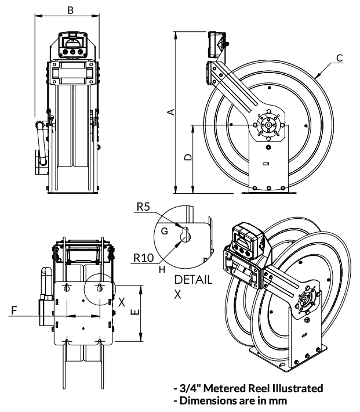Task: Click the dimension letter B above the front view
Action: click(x=70, y=10)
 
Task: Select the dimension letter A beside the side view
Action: click(x=171, y=111)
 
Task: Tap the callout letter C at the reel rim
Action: click(x=340, y=58)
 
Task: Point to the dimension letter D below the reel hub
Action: click(x=188, y=157)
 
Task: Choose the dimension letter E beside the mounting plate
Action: click(x=136, y=312)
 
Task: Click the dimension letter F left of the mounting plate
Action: click(x=14, y=310)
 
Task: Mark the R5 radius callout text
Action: click(x=143, y=207)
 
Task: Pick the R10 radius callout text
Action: click(x=143, y=258)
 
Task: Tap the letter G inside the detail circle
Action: click(x=165, y=231)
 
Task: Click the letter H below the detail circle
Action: click(x=162, y=269)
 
